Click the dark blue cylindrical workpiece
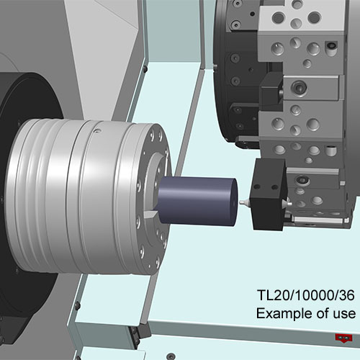pyautogui.click(x=197, y=201)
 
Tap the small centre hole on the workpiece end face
pyautogui.click(x=234, y=202)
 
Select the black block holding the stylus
pyautogui.click(x=269, y=194)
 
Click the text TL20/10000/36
pyautogui.click(x=305, y=295)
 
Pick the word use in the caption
pyautogui.click(x=344, y=313)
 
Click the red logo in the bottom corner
pyautogui.click(x=343, y=338)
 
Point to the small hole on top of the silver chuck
pyautogui.click(x=97, y=131)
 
